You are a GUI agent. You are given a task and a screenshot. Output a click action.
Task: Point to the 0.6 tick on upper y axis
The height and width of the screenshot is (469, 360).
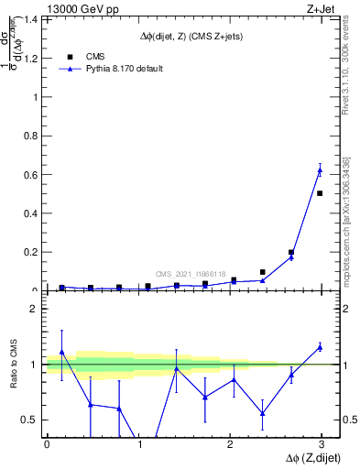click(28, 174)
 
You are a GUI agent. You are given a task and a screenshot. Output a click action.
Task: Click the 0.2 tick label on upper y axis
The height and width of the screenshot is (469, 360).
click(28, 252)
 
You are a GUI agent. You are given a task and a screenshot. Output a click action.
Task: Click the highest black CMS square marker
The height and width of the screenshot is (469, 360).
click(320, 193)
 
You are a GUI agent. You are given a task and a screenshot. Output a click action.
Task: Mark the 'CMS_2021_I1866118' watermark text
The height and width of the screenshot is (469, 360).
click(191, 274)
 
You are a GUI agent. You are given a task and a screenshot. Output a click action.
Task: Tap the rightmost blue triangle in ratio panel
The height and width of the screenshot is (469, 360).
click(320, 346)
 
